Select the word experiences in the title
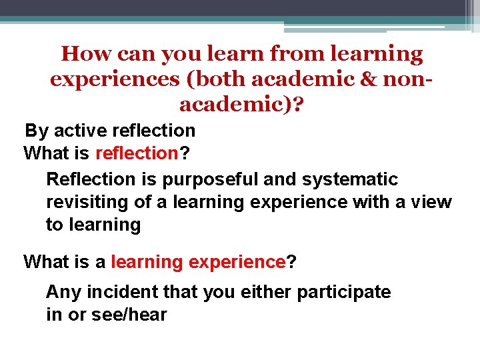(114, 79)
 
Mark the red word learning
(147, 262)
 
